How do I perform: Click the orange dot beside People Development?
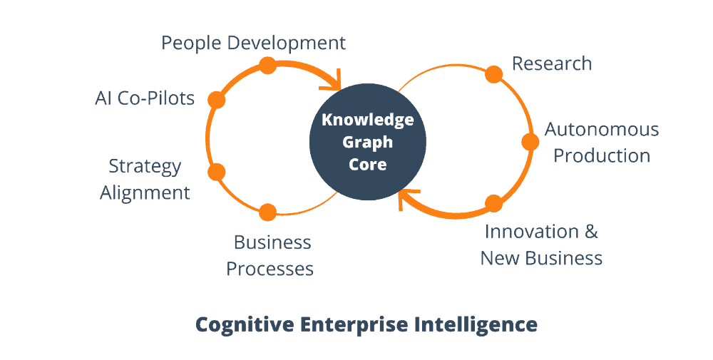(267, 66)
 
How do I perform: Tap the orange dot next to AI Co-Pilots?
(217, 100)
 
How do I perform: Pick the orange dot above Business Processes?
(267, 212)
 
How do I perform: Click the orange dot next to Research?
(493, 74)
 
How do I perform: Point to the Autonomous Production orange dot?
(530, 142)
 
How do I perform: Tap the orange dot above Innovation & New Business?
(493, 204)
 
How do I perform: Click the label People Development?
(253, 43)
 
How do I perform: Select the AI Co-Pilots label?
(145, 98)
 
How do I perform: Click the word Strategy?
(145, 167)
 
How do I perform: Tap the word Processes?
(270, 269)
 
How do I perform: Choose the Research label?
(552, 63)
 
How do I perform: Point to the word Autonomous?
(602, 130)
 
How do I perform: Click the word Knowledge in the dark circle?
(367, 119)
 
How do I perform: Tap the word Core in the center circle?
(367, 164)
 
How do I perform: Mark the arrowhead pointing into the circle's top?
(334, 80)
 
